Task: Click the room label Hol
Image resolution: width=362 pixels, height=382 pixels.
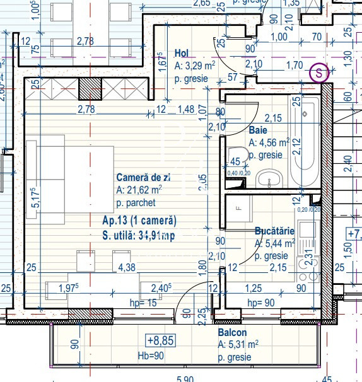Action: point(182,54)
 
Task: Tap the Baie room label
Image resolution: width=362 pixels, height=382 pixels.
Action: point(258,130)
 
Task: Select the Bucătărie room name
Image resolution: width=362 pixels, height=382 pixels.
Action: point(274,231)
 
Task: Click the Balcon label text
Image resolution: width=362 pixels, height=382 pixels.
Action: point(233,332)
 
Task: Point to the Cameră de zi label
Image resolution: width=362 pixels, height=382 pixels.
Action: point(143,178)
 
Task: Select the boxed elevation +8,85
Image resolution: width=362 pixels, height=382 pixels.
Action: point(160,341)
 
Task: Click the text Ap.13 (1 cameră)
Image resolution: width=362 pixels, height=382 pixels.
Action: point(139,221)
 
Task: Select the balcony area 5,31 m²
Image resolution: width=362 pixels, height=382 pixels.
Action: point(239,345)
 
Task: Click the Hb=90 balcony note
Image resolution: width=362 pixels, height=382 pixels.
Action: point(152,356)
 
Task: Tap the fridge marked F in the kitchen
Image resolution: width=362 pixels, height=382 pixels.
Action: point(239,208)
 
